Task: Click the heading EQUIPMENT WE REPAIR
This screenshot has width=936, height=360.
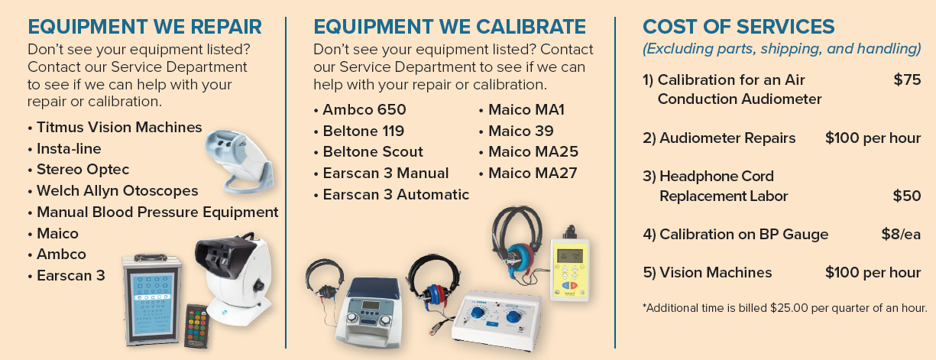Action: tap(144, 27)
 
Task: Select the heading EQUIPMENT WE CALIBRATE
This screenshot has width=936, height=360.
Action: tap(449, 27)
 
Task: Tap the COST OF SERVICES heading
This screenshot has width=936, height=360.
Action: tap(738, 27)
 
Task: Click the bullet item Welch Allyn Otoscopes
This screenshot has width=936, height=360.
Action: tap(113, 190)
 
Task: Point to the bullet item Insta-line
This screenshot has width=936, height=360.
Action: tap(64, 148)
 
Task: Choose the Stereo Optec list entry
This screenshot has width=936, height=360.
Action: tap(79, 170)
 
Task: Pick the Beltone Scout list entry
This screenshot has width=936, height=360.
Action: tap(368, 151)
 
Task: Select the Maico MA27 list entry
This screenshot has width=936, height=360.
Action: tap(528, 173)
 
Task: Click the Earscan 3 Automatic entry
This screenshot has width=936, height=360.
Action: tap(391, 194)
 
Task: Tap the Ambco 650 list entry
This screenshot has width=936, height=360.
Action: tap(360, 109)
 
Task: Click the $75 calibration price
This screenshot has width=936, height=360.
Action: tap(907, 79)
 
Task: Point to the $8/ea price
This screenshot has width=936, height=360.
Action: tap(901, 234)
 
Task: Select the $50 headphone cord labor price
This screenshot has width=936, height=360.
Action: tap(907, 196)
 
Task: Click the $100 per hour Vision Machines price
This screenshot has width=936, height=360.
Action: tap(873, 273)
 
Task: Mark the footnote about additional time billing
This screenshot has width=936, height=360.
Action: tap(785, 308)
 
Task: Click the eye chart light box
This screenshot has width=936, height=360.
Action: tap(151, 300)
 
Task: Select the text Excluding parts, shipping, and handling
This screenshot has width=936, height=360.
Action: tap(782, 49)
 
